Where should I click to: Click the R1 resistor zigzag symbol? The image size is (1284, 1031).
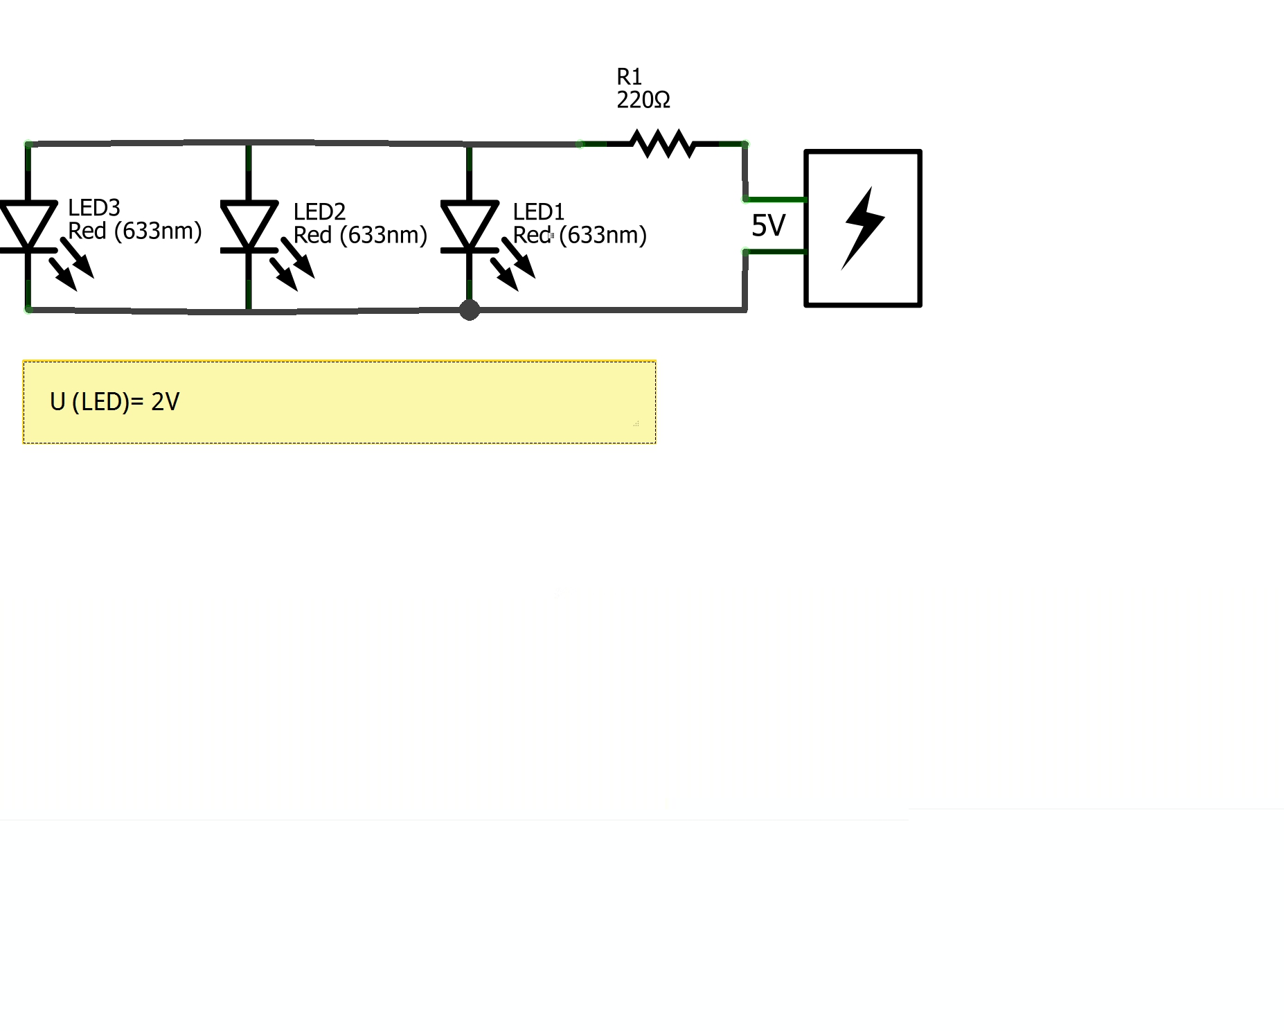click(662, 143)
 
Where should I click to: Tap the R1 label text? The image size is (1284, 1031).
click(629, 76)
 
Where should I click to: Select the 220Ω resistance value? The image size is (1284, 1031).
click(643, 100)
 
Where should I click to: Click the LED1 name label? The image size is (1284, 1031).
click(538, 211)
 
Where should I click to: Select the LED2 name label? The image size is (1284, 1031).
click(319, 211)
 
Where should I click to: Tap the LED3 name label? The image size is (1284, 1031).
click(93, 207)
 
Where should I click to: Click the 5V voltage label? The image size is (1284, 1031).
click(768, 225)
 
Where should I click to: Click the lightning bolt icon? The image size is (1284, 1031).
click(863, 228)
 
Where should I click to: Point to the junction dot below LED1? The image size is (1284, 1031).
click(470, 310)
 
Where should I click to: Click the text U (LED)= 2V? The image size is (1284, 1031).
click(115, 402)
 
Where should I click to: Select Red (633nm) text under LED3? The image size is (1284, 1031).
click(134, 231)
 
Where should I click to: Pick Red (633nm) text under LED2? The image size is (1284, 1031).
click(360, 235)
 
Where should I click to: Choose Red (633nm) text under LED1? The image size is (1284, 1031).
click(580, 235)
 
